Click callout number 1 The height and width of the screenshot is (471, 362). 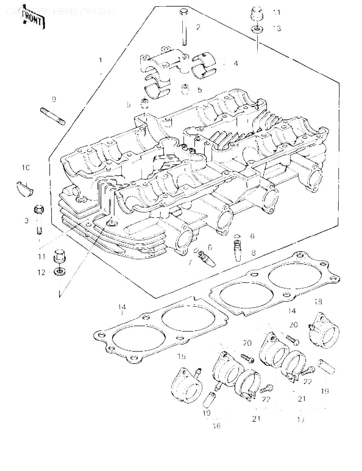pos(101,59)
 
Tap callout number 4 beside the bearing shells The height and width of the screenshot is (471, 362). pos(235,63)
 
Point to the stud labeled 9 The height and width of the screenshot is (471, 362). pos(53,116)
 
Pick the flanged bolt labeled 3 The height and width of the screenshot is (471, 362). pos(39,219)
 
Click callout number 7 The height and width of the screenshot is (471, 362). pos(190,262)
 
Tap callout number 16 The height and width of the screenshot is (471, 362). pos(217,426)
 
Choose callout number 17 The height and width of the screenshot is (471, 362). pos(301,420)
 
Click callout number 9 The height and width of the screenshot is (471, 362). pos(54,100)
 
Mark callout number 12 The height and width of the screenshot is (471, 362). pos(42,273)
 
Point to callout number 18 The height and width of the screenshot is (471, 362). pos(318,302)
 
